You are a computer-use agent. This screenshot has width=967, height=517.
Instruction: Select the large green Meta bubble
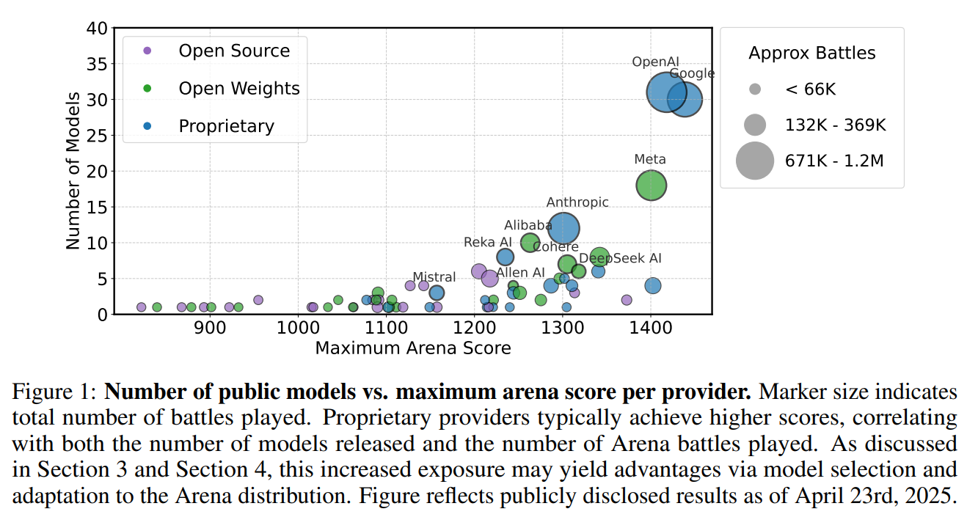(651, 186)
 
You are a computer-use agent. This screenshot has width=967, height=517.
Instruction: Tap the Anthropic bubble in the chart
(563, 229)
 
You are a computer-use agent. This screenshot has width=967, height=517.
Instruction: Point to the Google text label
(692, 73)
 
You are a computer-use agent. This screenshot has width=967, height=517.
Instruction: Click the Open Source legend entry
(234, 51)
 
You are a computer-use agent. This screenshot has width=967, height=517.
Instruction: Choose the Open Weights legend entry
(239, 89)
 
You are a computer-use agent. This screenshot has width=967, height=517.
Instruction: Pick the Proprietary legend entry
(226, 126)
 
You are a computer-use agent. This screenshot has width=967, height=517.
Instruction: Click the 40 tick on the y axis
(99, 29)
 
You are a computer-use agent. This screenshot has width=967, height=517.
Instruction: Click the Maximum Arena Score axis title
(413, 348)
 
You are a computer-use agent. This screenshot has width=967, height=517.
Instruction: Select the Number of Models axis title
(73, 171)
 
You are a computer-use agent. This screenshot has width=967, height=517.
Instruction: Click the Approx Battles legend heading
(811, 53)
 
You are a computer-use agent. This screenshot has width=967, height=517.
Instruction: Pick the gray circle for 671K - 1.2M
(755, 161)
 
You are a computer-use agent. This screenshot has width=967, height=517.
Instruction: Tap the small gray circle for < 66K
(755, 89)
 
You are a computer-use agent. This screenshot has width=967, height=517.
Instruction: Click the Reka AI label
(488, 242)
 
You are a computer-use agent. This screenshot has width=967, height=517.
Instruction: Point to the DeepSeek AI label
(620, 258)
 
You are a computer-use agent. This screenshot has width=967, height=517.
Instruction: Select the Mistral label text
(434, 278)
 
